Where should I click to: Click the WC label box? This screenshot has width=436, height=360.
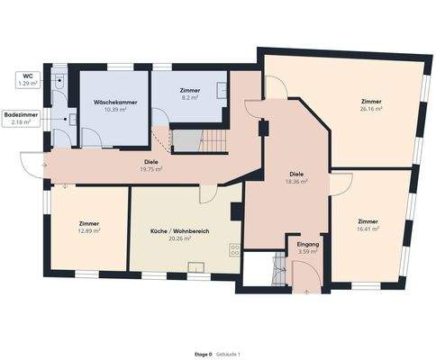point(28,80)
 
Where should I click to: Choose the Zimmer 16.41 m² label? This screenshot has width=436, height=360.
point(368,225)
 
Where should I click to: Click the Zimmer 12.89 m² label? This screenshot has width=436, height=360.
point(88,227)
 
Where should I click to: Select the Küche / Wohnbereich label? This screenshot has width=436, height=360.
point(179,235)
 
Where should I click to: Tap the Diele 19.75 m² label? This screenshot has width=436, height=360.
point(150,166)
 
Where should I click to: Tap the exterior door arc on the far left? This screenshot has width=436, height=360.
point(32,163)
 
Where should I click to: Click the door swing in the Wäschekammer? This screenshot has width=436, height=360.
point(92,138)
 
